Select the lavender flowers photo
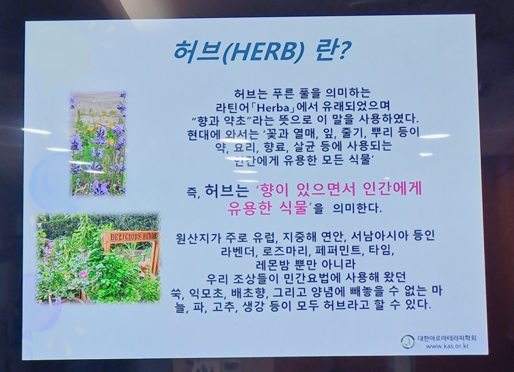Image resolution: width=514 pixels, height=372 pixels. (x=98, y=144)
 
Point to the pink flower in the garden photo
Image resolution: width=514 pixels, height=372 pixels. (x=83, y=274)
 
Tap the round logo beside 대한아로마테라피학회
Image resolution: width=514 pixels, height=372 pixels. (x=408, y=342)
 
